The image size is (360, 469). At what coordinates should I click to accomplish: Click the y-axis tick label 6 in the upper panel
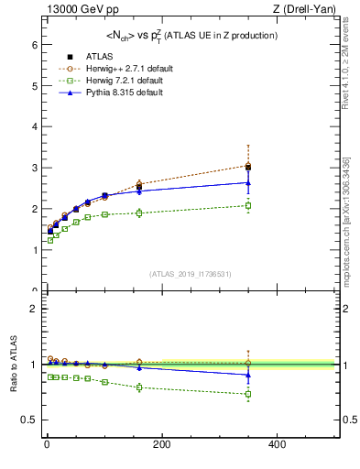pos(33,44)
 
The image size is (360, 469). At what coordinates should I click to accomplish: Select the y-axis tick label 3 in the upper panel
pos(33,168)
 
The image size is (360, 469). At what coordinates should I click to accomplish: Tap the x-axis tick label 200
pos(161,445)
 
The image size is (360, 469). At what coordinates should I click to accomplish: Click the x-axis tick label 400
pos(277,445)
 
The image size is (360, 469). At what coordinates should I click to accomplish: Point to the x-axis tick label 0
pos(46,445)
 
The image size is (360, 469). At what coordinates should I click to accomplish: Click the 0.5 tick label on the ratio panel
pos(29,420)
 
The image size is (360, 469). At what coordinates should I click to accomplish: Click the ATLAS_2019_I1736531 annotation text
pos(191,274)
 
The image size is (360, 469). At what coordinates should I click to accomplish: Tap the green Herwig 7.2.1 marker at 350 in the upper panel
pos(248,205)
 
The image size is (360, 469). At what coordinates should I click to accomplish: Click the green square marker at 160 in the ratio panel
pos(139,387)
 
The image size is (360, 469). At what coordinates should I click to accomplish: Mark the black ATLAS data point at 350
pos(248,168)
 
